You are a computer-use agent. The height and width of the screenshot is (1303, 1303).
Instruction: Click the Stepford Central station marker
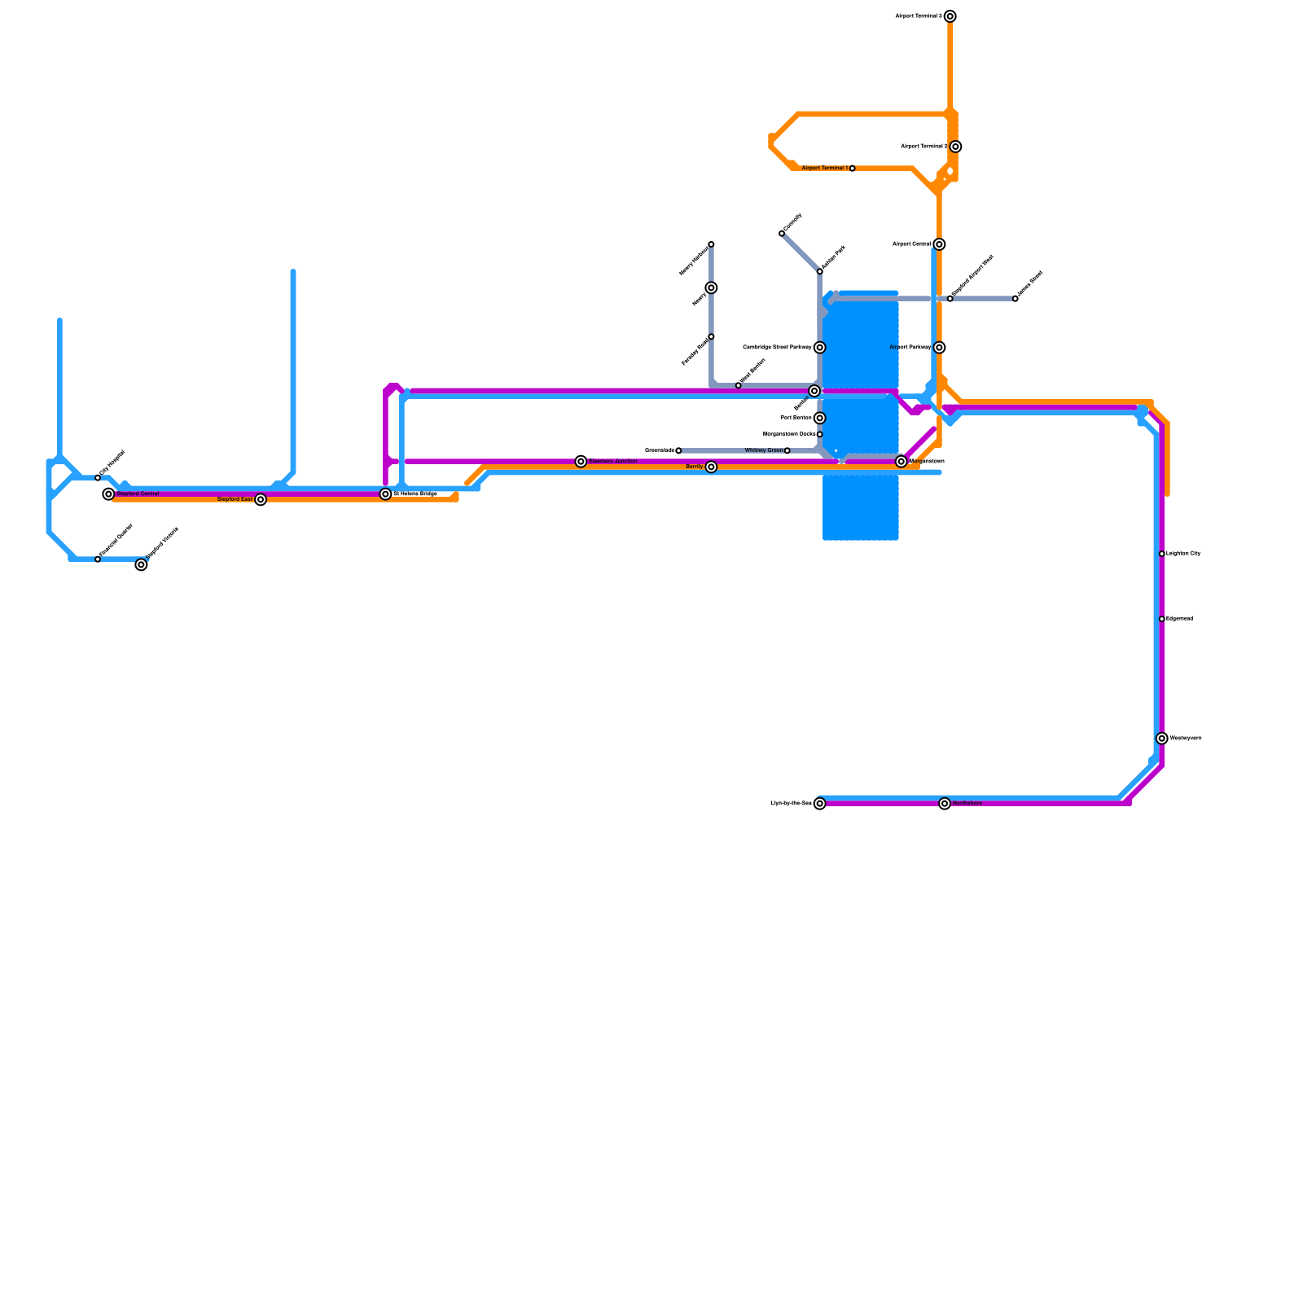click(108, 494)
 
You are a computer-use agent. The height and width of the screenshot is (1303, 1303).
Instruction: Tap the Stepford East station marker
click(261, 500)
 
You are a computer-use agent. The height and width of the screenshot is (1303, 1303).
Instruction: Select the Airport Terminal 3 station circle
click(950, 16)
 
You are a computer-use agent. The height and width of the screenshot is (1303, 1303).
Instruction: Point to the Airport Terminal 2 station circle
click(956, 147)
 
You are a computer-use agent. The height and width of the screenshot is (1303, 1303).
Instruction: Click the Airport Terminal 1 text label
click(824, 169)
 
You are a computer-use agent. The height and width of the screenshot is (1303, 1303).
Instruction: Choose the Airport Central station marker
click(940, 244)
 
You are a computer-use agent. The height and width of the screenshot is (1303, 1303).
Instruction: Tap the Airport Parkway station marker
click(940, 348)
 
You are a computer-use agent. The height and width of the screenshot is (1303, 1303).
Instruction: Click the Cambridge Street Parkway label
click(778, 348)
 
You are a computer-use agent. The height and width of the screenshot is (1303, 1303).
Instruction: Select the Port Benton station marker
click(820, 419)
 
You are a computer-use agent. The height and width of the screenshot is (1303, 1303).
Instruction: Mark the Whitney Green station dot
click(787, 450)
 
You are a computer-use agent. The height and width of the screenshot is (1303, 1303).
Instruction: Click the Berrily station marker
click(712, 467)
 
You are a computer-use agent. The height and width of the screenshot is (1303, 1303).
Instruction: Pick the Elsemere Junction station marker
click(581, 462)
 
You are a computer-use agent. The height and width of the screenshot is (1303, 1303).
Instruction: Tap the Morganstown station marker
click(902, 462)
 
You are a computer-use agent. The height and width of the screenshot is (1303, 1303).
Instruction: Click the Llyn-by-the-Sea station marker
click(820, 804)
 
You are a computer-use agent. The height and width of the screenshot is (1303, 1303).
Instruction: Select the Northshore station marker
click(945, 804)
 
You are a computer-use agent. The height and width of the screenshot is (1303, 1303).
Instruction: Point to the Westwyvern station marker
click(1162, 739)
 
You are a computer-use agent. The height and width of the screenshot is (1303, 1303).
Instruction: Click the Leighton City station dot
click(1162, 554)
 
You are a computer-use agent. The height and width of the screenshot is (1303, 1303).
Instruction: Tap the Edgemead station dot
click(1162, 619)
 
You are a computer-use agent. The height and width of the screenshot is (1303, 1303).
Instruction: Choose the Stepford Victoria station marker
click(142, 565)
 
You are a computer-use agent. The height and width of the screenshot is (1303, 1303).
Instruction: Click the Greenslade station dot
click(678, 450)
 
